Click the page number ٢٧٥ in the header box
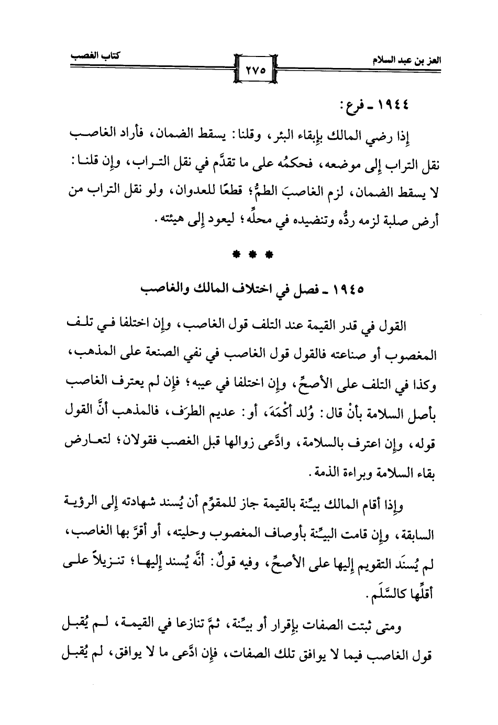click(x=254, y=69)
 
